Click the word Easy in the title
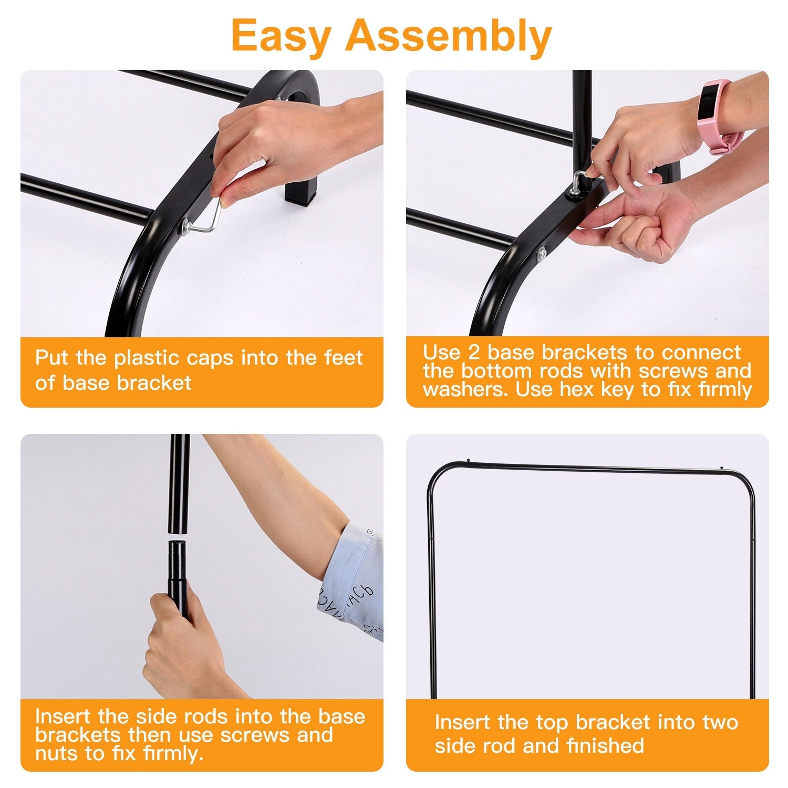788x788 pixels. coord(281,35)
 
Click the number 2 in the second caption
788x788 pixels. coord(474,352)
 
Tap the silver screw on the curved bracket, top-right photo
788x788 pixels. coord(541,254)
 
